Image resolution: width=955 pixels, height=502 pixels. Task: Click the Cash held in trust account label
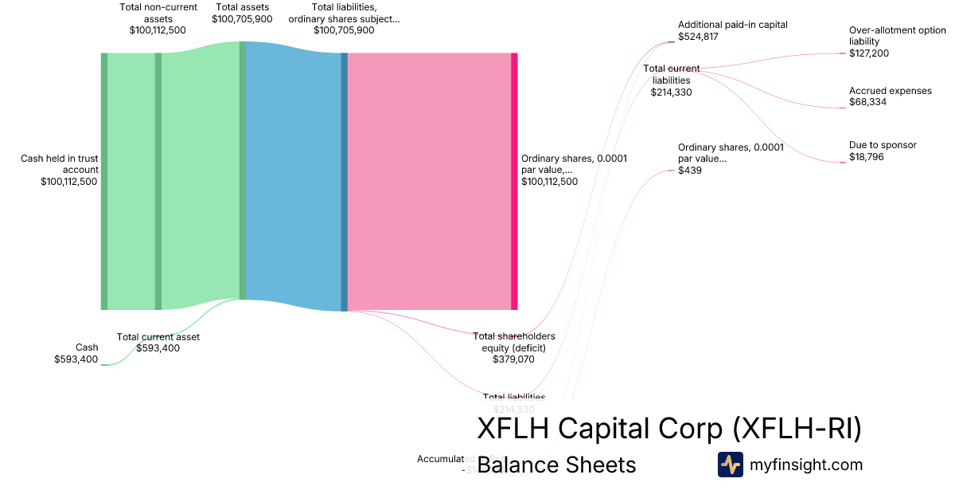[x=60, y=163]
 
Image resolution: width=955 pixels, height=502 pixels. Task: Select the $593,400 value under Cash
[x=76, y=359]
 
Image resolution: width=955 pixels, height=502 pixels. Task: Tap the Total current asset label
[x=158, y=336]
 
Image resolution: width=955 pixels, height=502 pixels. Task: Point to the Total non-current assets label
[x=158, y=13]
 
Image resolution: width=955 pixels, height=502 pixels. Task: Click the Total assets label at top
[x=242, y=7]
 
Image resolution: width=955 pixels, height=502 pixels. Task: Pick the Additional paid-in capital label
[x=732, y=25]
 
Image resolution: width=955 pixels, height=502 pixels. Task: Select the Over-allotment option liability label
[x=898, y=36]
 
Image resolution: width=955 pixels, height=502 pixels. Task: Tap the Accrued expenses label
[x=890, y=91]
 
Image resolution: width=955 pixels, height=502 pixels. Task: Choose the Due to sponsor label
[x=883, y=145]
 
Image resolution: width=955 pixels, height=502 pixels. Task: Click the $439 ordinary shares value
[x=690, y=171]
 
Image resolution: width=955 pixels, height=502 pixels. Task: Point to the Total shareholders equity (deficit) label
[x=514, y=341]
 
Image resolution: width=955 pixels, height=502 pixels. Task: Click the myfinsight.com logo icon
[x=730, y=465]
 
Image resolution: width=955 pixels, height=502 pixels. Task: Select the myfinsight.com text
[x=806, y=465]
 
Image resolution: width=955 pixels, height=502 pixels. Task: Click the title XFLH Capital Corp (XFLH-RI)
[x=668, y=428]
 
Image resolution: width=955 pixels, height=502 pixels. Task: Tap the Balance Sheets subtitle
[x=556, y=465]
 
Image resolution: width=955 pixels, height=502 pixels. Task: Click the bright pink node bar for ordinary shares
[x=514, y=181]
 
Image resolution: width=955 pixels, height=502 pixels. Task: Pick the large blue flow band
[x=293, y=181]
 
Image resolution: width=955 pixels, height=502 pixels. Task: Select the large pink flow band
[x=429, y=181]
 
